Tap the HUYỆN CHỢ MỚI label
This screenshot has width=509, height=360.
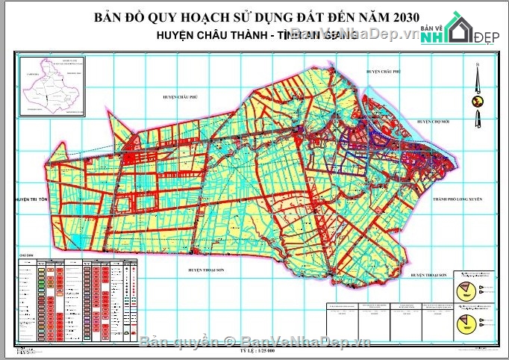pyautogui.click(x=437, y=121)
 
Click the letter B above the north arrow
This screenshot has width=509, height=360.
pyautogui.click(x=475, y=68)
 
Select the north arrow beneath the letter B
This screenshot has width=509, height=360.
pyautogui.click(x=475, y=81)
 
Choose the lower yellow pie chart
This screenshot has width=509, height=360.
pyautogui.click(x=466, y=323)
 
